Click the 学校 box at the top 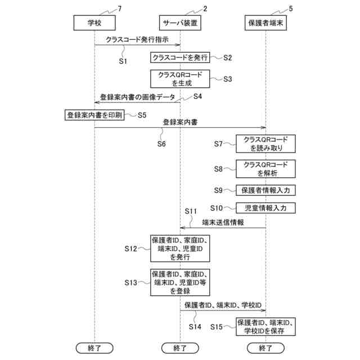(94, 22)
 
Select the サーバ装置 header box (180, 22)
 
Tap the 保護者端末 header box (265, 22)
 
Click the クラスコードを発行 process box (180, 57)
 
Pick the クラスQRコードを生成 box (179, 79)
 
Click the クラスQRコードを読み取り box (265, 144)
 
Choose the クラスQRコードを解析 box (265, 169)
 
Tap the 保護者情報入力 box (265, 190)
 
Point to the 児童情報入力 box (265, 208)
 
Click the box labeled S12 (180, 248)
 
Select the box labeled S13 (180, 282)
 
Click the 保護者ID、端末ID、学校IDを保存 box (265, 326)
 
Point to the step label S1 (123, 60)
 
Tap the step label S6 (161, 143)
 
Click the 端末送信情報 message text (223, 223)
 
